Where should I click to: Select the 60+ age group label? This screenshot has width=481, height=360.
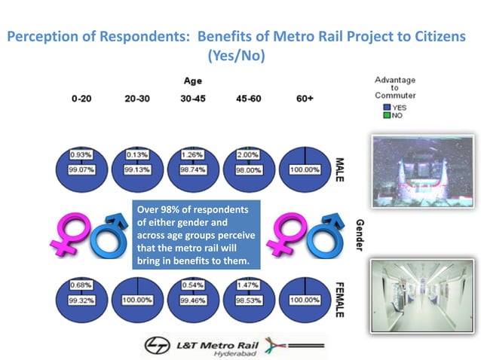click(x=305, y=99)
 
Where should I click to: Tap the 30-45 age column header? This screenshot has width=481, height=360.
click(x=191, y=99)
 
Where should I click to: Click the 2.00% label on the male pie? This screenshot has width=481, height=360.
click(x=248, y=154)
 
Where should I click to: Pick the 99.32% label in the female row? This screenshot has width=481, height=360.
click(x=81, y=301)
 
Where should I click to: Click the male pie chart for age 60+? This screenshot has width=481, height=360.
click(x=305, y=163)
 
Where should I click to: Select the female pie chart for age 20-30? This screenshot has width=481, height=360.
click(x=136, y=294)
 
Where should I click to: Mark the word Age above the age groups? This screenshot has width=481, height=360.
click(x=192, y=81)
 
